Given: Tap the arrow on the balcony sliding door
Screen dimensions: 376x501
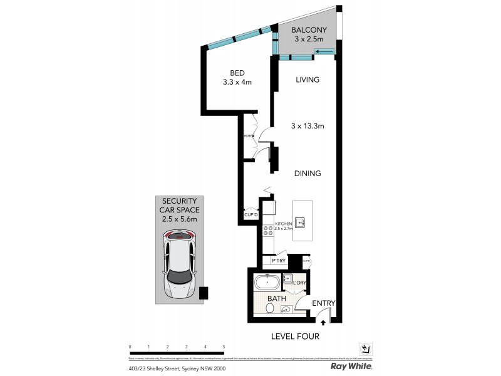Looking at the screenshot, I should click(x=324, y=51).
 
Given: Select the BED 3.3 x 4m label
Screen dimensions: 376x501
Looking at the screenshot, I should click(x=237, y=76).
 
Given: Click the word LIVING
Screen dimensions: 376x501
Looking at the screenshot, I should click(x=307, y=80).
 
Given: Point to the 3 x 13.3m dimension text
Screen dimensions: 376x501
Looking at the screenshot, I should click(x=307, y=126).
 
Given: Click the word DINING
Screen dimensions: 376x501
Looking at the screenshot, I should click(x=307, y=174).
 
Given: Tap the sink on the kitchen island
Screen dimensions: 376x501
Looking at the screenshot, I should click(x=301, y=221).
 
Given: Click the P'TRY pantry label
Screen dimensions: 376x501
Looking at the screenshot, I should click(x=278, y=261).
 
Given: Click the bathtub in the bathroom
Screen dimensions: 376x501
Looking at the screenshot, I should click(x=269, y=283).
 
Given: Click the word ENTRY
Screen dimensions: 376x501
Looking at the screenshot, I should click(x=324, y=303).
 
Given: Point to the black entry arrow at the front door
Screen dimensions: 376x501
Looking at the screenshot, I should click(x=323, y=322).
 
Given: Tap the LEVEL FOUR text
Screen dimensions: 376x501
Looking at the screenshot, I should click(x=295, y=337).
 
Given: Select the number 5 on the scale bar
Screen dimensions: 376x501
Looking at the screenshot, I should click(x=224, y=346).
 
